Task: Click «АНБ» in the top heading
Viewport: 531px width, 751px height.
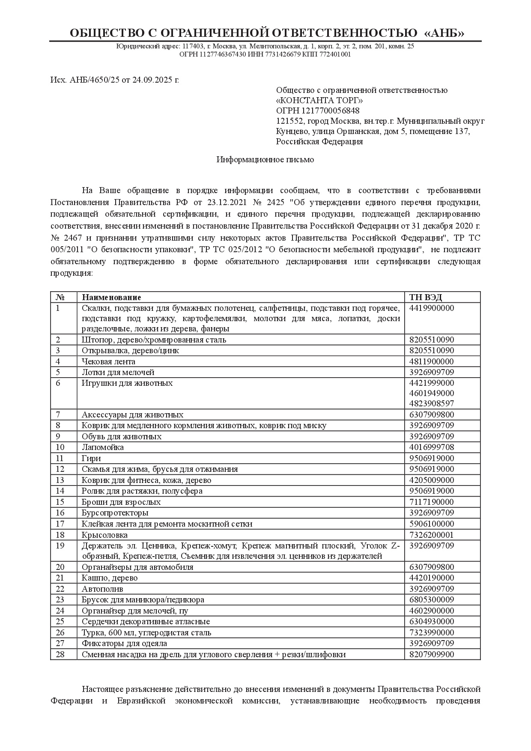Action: [x=444, y=33]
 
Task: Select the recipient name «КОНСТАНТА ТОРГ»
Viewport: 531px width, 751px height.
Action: [x=319, y=100]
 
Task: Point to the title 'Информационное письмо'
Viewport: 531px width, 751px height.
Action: [x=265, y=160]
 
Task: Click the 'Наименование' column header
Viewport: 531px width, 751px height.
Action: [x=111, y=297]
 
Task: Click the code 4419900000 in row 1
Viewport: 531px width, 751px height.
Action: [x=432, y=308]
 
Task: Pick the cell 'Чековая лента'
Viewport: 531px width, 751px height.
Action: [x=108, y=361]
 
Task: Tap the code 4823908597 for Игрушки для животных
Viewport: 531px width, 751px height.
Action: [x=432, y=403]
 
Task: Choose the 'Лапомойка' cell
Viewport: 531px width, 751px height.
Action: [x=103, y=447]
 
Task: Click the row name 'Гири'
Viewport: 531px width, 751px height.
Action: [x=91, y=458]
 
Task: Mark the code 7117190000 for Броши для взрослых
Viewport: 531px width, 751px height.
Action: [x=432, y=502]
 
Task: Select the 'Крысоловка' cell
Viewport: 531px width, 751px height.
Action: [x=104, y=535]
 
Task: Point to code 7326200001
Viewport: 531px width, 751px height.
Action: [x=432, y=535]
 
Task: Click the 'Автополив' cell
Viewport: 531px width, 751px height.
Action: [x=102, y=589]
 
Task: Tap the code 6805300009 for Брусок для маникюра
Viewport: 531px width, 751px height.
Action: [x=432, y=599]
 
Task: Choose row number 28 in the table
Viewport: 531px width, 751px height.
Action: [x=60, y=654]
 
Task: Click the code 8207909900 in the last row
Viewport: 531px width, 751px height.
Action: [x=432, y=654]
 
